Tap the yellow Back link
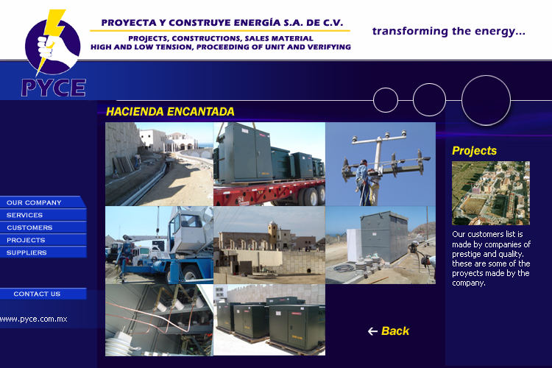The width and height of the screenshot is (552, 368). point(395,331)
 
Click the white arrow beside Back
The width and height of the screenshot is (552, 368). point(372,331)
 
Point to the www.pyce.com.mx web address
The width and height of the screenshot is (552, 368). point(33,319)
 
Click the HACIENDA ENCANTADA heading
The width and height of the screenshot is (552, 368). point(170,112)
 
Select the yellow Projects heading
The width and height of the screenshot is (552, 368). point(474,151)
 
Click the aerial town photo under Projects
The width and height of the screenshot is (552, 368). point(491,193)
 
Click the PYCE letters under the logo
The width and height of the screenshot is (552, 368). point(54,88)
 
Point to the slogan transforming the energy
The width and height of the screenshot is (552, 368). point(448,31)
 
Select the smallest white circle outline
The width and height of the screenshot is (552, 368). point(373,100)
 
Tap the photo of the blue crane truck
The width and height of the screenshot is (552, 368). point(159,245)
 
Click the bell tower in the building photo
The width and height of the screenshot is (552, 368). point(273,233)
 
